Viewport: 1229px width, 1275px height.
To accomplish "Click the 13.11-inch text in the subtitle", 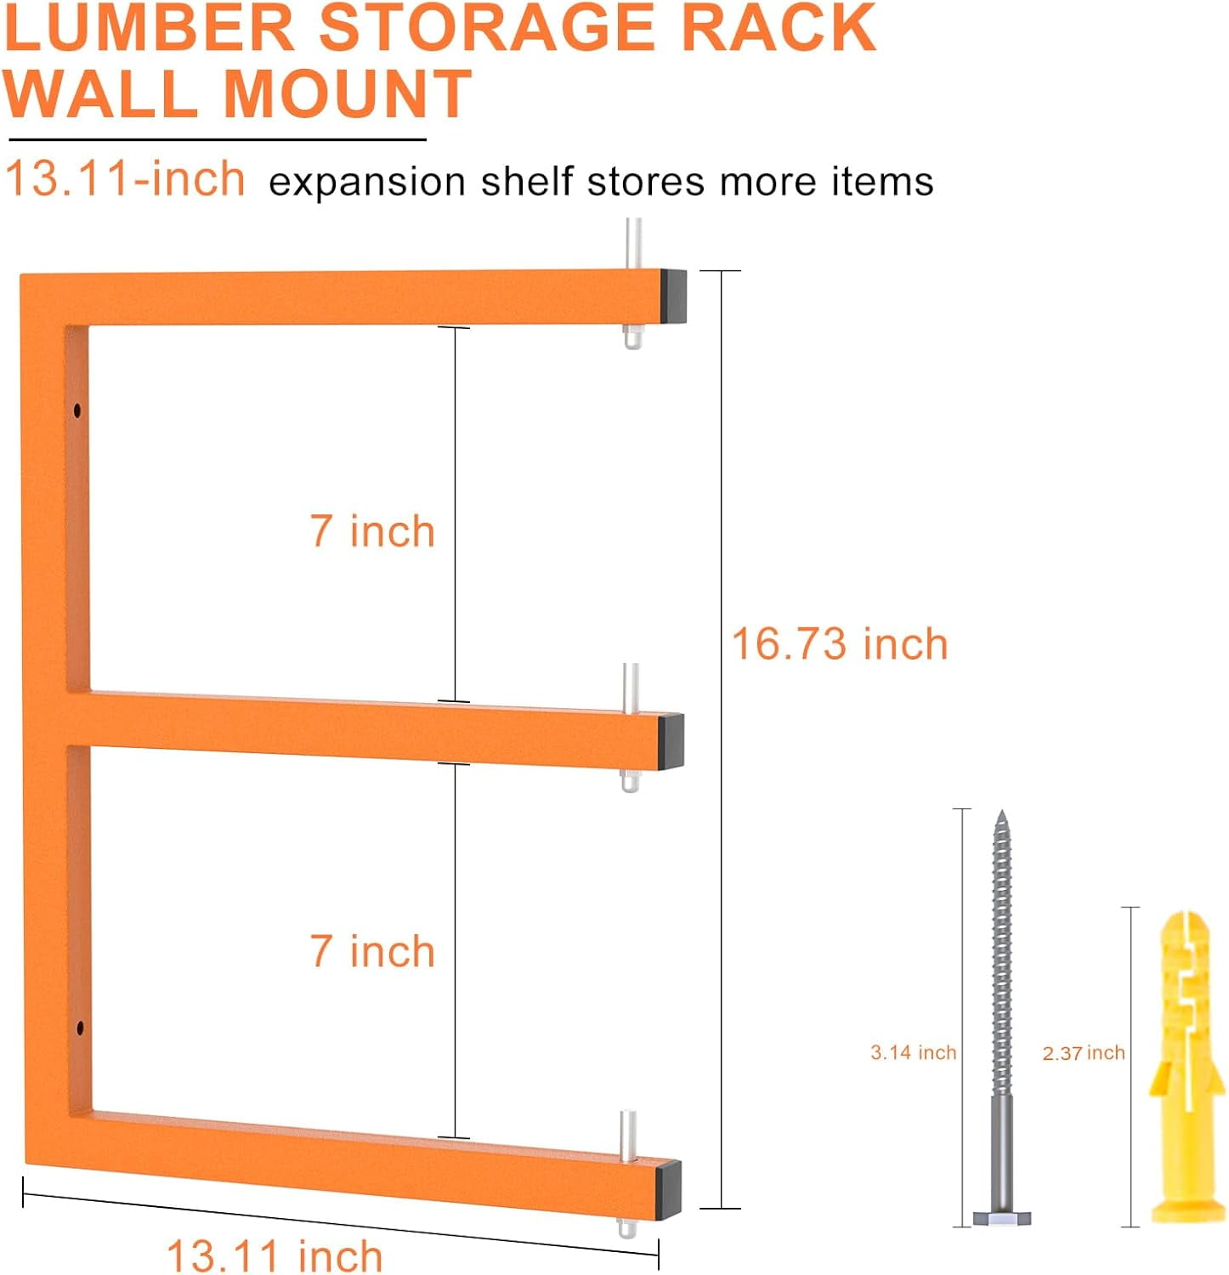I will tap(125, 179).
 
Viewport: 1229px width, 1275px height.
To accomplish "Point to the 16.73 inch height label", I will tap(839, 643).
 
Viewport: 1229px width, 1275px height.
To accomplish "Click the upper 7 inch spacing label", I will tap(372, 531).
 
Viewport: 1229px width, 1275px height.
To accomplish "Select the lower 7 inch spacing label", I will tap(372, 950).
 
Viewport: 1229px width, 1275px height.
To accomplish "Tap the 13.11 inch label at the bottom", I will tap(275, 1255).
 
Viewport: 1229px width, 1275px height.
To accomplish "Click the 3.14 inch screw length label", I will tap(913, 1052).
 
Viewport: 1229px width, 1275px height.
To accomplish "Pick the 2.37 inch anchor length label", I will tap(1084, 1053).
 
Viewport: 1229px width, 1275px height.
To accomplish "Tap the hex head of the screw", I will tap(1002, 1217).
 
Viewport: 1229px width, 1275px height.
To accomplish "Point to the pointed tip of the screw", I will tap(1002, 816).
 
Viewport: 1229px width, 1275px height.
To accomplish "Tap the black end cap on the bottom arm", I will tap(669, 1187).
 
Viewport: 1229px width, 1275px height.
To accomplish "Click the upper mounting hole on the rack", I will tap(78, 411).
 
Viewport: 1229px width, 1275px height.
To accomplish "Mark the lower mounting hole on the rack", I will tap(81, 1028).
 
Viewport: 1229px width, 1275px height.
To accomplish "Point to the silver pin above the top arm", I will tap(632, 243).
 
